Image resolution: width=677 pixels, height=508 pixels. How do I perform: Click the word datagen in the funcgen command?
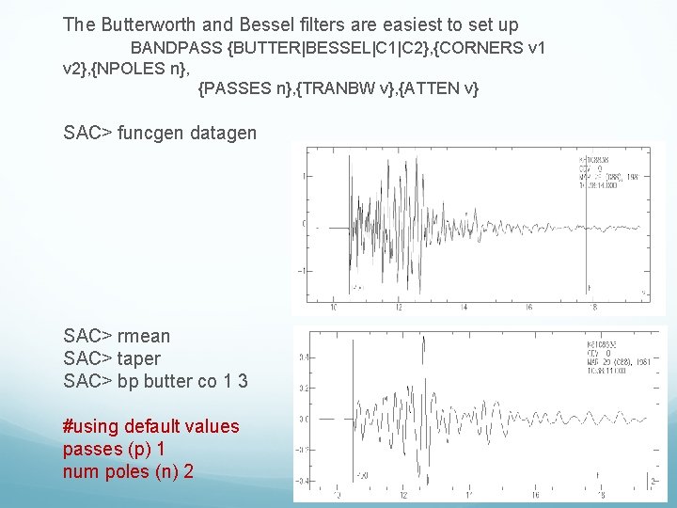click(x=223, y=133)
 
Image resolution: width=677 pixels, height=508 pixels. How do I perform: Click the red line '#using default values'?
click(x=151, y=426)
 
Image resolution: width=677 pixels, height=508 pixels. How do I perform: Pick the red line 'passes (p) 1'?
click(x=114, y=449)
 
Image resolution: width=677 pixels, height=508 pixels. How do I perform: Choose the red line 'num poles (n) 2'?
click(x=129, y=471)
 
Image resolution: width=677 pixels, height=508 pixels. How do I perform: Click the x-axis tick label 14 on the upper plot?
click(x=464, y=307)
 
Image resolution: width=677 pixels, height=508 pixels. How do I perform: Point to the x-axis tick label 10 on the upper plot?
click(x=334, y=307)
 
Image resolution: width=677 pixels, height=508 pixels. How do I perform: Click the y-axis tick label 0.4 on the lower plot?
click(x=305, y=357)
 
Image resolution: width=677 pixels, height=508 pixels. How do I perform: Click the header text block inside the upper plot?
click(x=607, y=172)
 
